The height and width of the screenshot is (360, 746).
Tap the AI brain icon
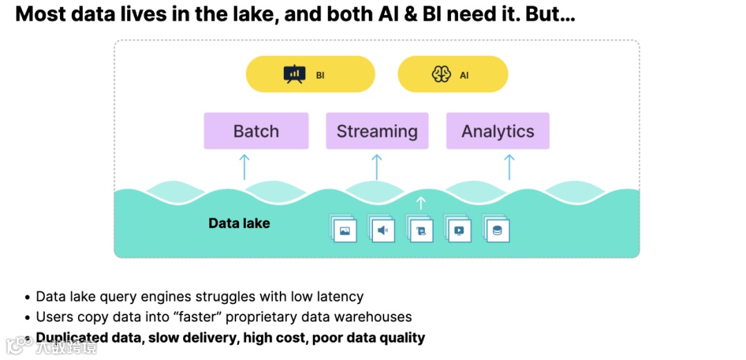click(x=441, y=75)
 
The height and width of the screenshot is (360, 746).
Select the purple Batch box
click(x=256, y=131)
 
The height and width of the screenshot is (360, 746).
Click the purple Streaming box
click(x=377, y=131)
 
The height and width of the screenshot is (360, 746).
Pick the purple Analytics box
click(x=498, y=131)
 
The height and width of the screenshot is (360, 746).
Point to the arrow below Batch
click(x=243, y=167)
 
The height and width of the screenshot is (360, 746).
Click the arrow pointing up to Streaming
click(x=376, y=167)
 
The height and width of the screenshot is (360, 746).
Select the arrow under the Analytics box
click(x=509, y=167)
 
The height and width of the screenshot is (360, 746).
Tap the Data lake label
click(x=239, y=223)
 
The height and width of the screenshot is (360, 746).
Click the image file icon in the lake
click(x=344, y=229)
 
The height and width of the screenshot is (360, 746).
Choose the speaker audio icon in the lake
click(x=382, y=229)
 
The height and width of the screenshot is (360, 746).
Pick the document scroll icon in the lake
click(x=421, y=229)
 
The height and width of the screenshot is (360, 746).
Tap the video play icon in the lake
click(x=459, y=229)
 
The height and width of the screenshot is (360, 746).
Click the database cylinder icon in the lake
click(x=497, y=229)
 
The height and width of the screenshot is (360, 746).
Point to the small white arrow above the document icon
click(x=421, y=203)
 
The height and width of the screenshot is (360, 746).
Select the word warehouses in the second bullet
click(x=376, y=317)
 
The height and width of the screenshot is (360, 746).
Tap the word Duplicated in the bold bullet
click(x=73, y=338)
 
